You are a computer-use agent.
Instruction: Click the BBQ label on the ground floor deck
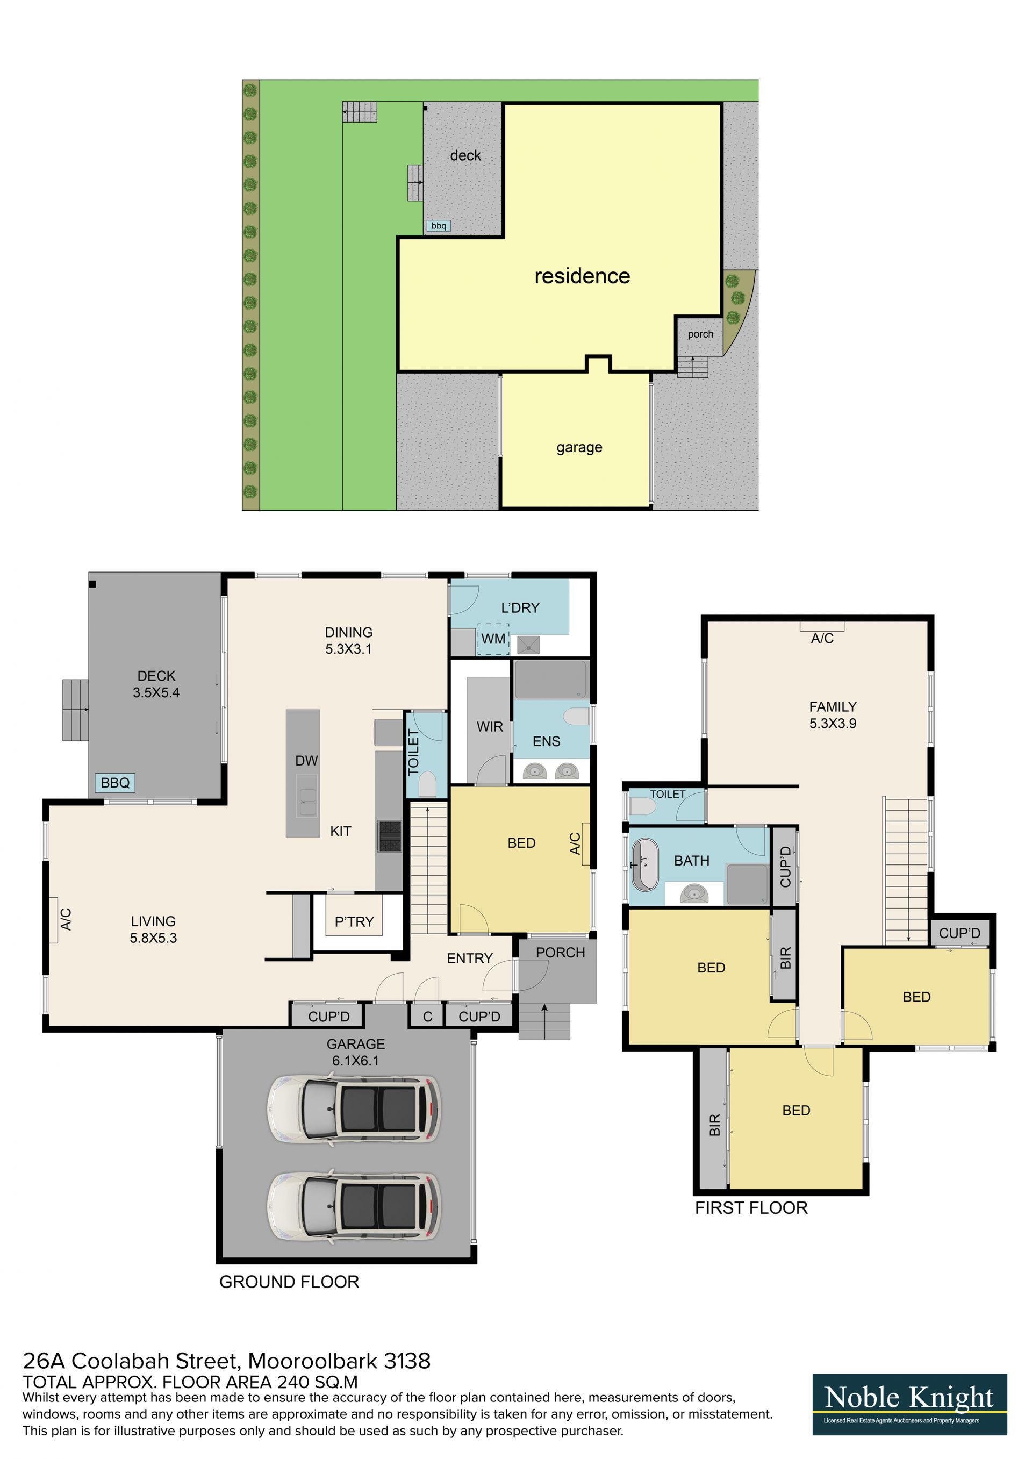115,782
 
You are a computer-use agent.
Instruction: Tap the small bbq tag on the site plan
439,226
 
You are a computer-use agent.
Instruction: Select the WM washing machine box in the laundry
493,639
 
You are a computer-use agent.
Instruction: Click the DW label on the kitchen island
306,761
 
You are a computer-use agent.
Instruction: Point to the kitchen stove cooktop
390,835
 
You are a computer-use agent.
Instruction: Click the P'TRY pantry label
354,921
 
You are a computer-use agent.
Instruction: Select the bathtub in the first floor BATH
645,864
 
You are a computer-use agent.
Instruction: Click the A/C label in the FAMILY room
822,638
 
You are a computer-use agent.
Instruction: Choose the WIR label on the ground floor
490,726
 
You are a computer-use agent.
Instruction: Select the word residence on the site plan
582,276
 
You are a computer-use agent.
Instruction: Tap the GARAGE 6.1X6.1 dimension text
355,1052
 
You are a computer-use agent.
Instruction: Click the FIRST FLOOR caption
751,1208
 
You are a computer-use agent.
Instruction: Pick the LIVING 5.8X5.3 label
153,929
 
